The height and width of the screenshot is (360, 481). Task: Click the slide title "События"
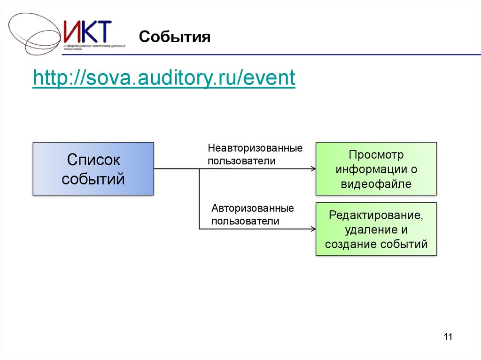(174, 37)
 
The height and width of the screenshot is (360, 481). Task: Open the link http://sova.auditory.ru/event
(164, 78)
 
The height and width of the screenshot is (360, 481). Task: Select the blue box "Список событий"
(93, 169)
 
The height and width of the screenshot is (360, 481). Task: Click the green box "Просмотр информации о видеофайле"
(376, 169)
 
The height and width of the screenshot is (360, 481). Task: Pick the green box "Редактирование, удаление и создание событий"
(376, 230)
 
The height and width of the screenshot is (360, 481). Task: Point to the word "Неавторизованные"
(255, 148)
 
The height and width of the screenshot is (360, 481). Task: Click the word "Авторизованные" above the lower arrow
(252, 208)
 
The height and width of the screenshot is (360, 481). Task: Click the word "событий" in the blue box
(93, 178)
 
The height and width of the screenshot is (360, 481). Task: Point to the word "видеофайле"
(376, 184)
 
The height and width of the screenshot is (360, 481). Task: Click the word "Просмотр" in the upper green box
(376, 154)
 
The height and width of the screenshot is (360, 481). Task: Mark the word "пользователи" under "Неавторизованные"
(241, 161)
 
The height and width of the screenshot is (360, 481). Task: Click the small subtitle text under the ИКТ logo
(94, 47)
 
